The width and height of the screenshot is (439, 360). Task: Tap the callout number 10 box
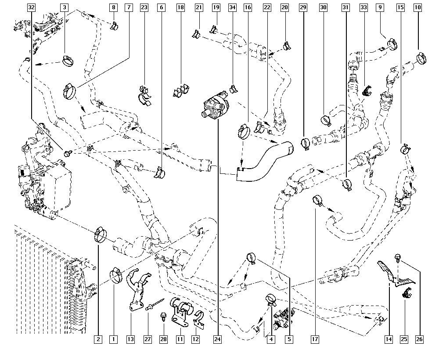tap(417, 7)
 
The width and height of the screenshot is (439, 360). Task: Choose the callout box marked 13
tap(130, 339)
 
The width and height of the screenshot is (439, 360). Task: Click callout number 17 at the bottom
tap(315, 339)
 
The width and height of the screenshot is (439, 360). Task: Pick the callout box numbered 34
tap(233, 7)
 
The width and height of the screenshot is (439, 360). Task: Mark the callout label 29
tap(303, 7)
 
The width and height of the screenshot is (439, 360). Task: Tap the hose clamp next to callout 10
tap(422, 57)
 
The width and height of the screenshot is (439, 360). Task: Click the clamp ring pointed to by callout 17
tap(317, 201)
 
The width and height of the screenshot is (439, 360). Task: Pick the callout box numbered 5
tap(290, 339)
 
